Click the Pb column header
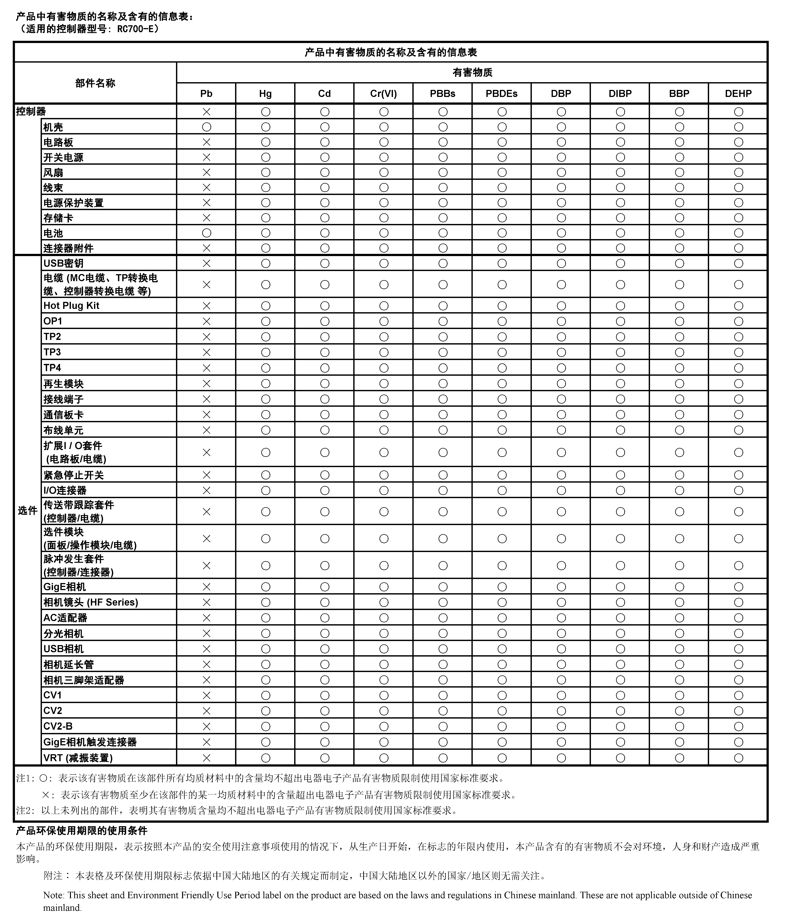point(206,94)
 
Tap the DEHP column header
point(738,94)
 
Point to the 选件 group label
point(28,511)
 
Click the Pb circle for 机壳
point(206,127)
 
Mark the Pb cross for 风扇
point(206,172)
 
